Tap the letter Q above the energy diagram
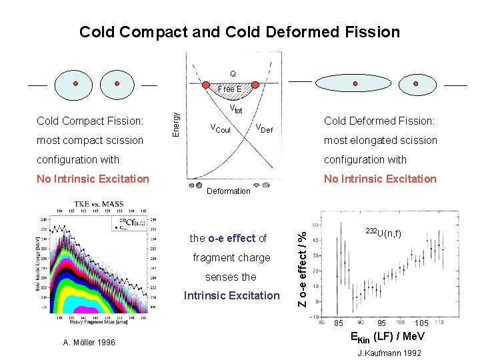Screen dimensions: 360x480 point(233,73)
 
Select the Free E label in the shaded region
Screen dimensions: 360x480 point(230,89)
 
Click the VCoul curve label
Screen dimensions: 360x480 point(220,129)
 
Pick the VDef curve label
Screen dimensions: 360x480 point(264,129)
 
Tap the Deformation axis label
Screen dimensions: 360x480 point(229,191)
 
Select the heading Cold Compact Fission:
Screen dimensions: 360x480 point(90,121)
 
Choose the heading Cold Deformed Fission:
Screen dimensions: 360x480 point(379,121)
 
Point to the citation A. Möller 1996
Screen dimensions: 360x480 point(89,342)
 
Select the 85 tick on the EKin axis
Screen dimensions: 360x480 point(339,323)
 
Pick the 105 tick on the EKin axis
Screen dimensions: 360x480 point(422,323)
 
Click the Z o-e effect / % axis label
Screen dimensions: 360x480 point(303,269)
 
